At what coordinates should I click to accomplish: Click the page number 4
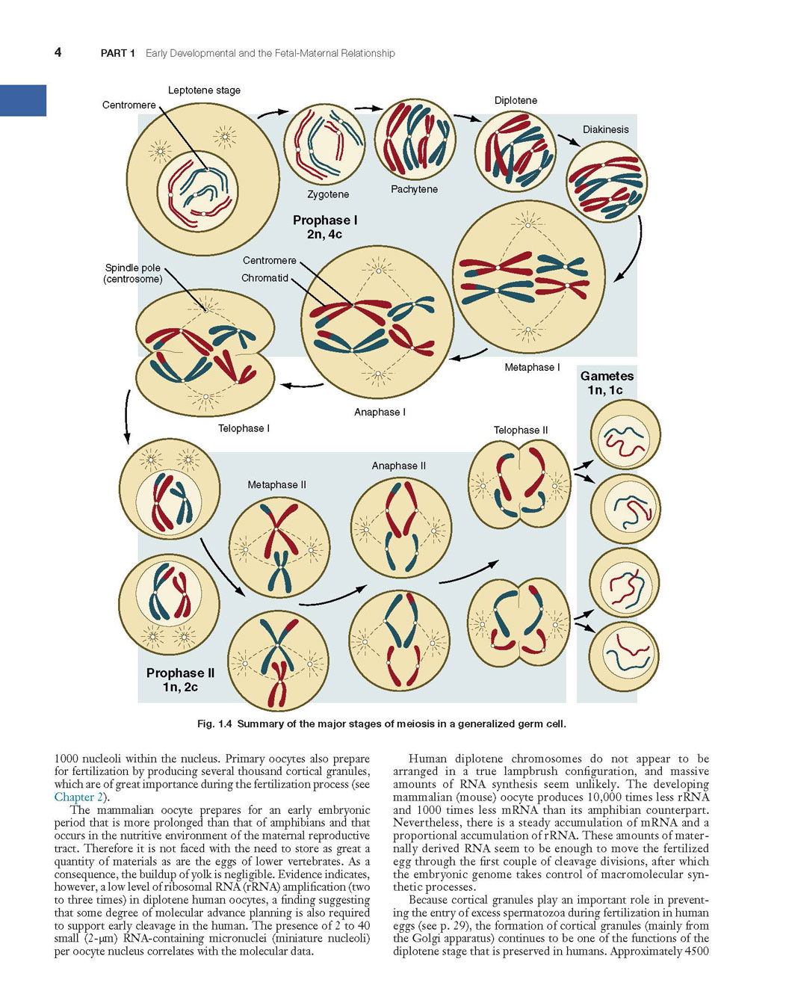pyautogui.click(x=58, y=52)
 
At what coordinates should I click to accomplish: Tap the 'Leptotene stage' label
pyautogui.click(x=204, y=90)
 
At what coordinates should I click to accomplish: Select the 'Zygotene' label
pyautogui.click(x=328, y=194)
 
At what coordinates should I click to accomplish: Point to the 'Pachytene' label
pyautogui.click(x=414, y=189)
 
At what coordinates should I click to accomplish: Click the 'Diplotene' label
pyautogui.click(x=516, y=100)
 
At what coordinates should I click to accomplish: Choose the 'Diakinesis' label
pyautogui.click(x=606, y=129)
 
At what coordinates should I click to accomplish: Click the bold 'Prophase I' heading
pyautogui.click(x=325, y=220)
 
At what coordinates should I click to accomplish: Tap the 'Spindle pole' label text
pyautogui.click(x=133, y=268)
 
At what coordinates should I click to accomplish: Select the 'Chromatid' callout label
pyautogui.click(x=264, y=278)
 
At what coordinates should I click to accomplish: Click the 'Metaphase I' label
pyautogui.click(x=532, y=367)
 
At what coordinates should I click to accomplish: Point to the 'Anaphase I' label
pyautogui.click(x=380, y=412)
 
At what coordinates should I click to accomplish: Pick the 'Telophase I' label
pyautogui.click(x=244, y=428)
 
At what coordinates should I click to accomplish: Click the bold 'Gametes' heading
pyautogui.click(x=607, y=376)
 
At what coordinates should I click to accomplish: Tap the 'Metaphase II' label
pyautogui.click(x=276, y=485)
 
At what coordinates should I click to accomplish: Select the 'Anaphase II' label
pyautogui.click(x=399, y=466)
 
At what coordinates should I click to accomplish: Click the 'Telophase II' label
pyautogui.click(x=521, y=430)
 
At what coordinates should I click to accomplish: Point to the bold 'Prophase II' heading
pyautogui.click(x=180, y=673)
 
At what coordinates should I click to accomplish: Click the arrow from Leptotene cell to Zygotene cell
pyautogui.click(x=273, y=113)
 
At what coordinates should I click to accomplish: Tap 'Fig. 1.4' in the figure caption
pyautogui.click(x=214, y=723)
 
